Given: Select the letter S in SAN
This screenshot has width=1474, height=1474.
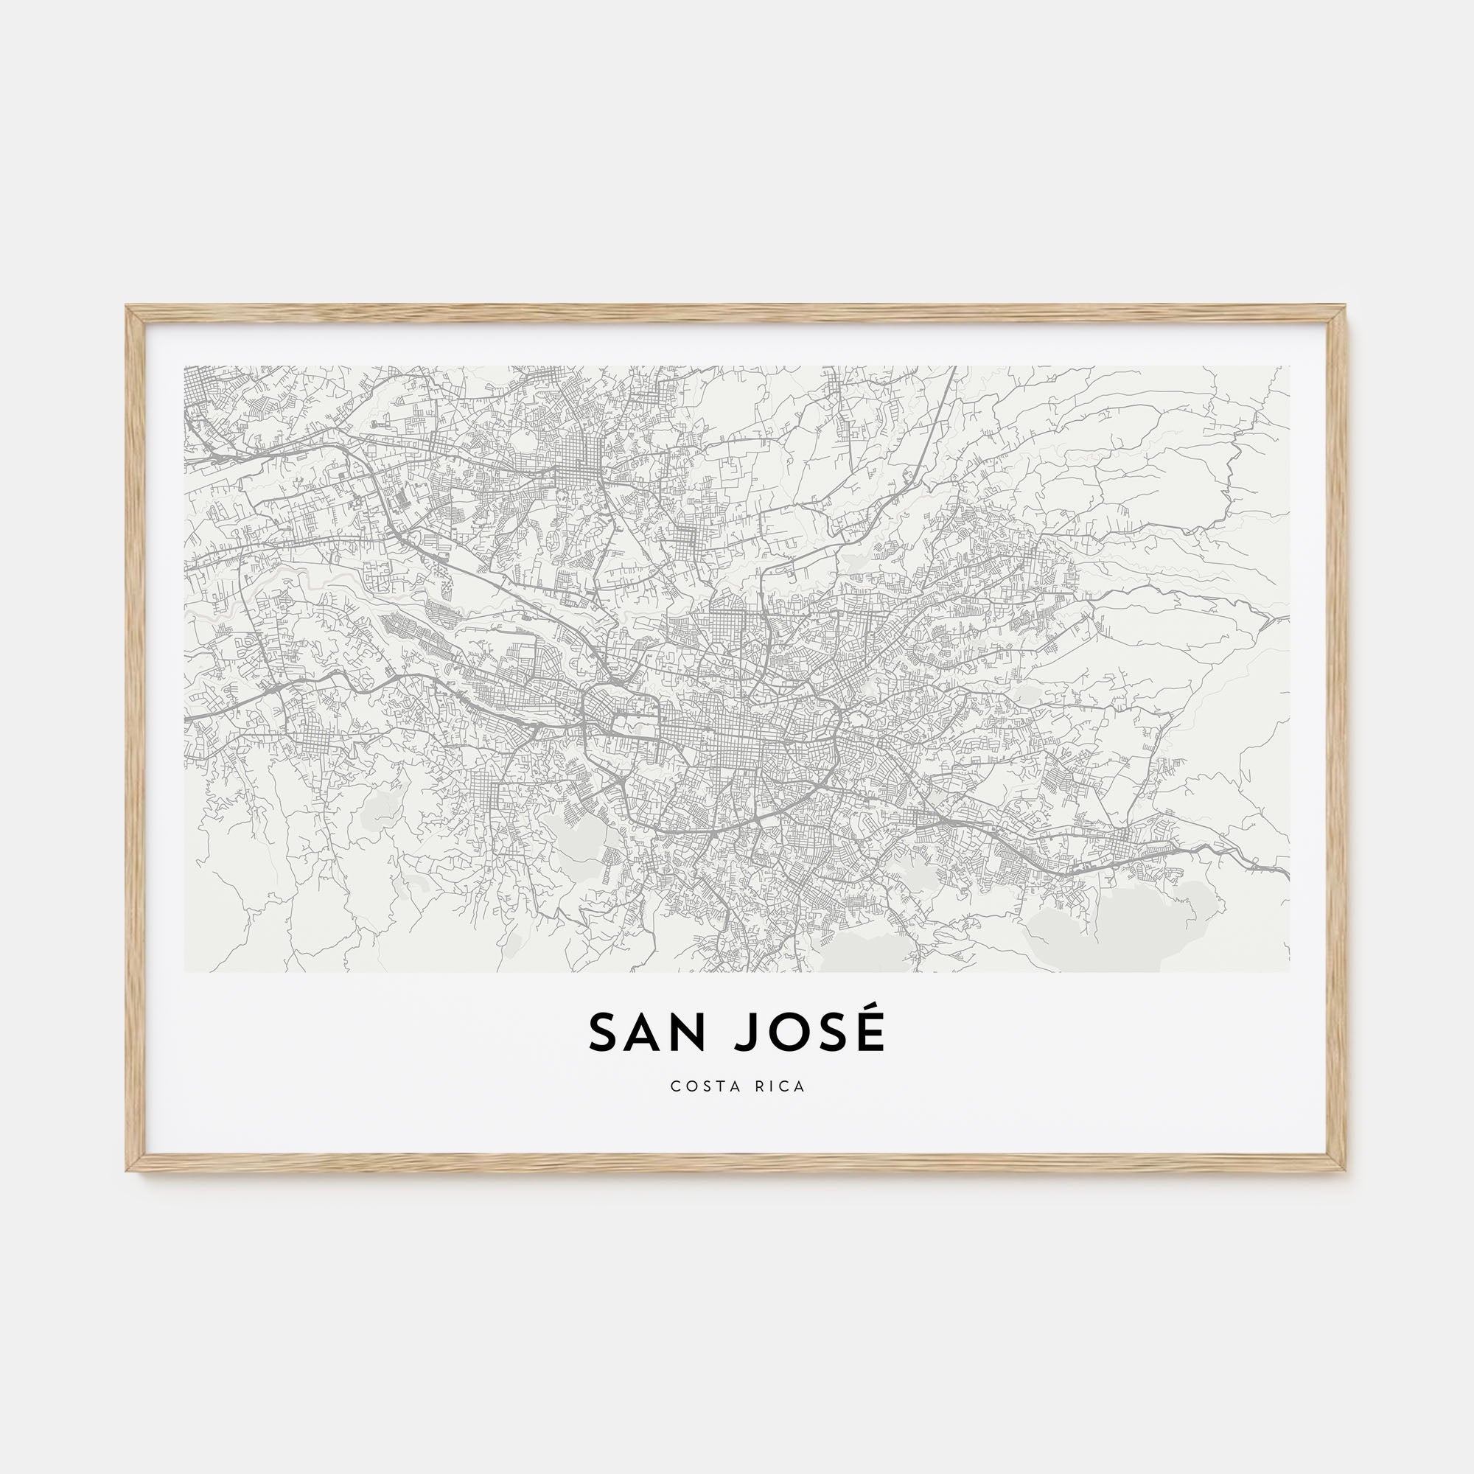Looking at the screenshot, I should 603,1033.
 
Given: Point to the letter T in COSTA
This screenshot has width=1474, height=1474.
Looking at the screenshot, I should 717,1086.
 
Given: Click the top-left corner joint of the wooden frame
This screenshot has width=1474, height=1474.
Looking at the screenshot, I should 135,315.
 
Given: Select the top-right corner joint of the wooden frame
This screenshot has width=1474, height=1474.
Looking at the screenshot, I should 1338,315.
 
